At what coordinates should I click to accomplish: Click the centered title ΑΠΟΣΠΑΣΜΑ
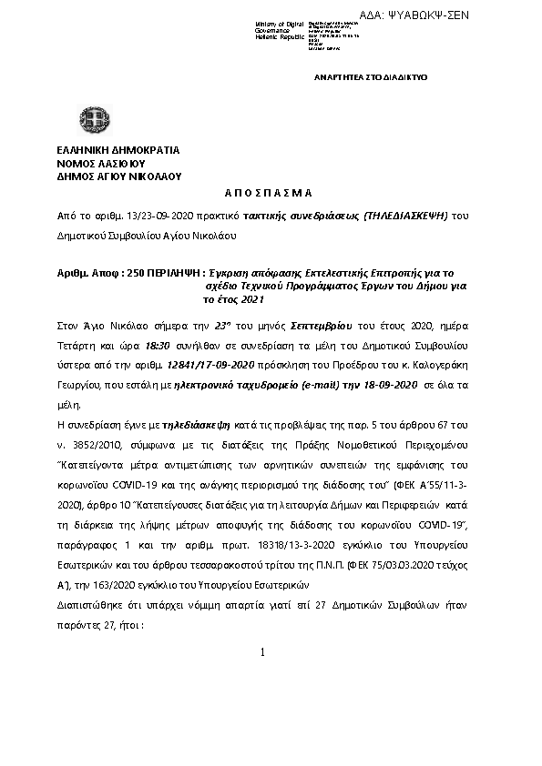(x=268, y=194)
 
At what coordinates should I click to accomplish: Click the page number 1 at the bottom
(x=262, y=652)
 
